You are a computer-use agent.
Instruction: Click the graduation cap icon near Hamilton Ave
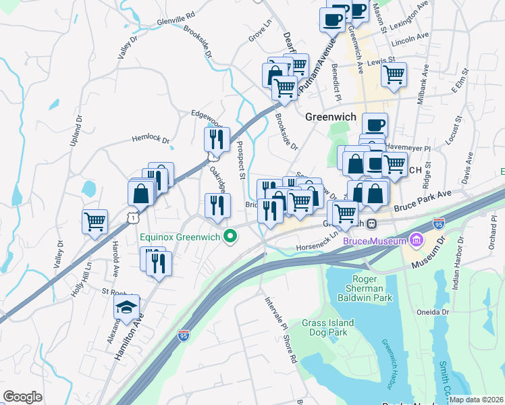tap(126, 308)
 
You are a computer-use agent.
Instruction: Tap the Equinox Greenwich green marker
tap(231, 236)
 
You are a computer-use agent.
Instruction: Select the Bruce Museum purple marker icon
tap(416, 240)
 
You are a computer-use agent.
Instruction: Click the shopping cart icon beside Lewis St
tap(394, 74)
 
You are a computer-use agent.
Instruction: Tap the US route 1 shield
tap(135, 217)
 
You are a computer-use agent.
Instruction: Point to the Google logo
tap(22, 397)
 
